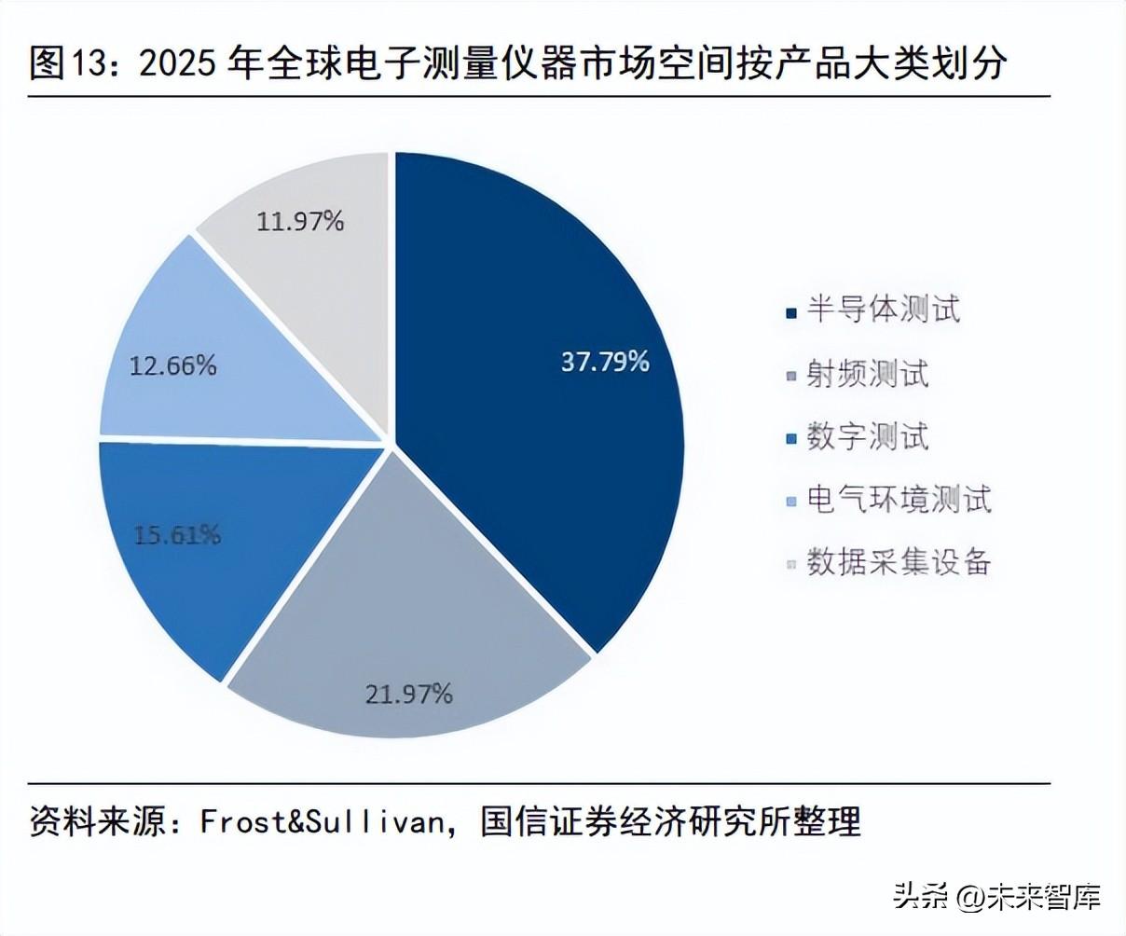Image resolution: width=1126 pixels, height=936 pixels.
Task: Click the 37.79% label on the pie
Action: pos(604,362)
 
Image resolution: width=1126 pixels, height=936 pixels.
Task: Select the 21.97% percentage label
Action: pos(408,694)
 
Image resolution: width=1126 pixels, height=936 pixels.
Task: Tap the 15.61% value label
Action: pos(177,534)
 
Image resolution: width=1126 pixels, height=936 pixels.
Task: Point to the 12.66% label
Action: pos(172,365)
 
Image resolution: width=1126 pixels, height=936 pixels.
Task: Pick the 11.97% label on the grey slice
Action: pos(300,221)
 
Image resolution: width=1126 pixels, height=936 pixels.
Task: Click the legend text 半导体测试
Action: pos(883,310)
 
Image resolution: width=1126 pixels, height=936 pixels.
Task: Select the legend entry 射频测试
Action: pos(868,374)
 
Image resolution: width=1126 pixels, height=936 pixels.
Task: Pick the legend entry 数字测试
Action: pos(868,436)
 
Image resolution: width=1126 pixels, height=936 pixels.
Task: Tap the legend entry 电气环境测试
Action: pos(899,500)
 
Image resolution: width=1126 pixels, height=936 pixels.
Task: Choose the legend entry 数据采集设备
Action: pos(899,562)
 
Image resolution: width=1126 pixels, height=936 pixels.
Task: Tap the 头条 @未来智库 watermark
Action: pos(997,897)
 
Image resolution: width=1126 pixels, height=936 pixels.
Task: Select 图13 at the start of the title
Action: pos(58,63)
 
